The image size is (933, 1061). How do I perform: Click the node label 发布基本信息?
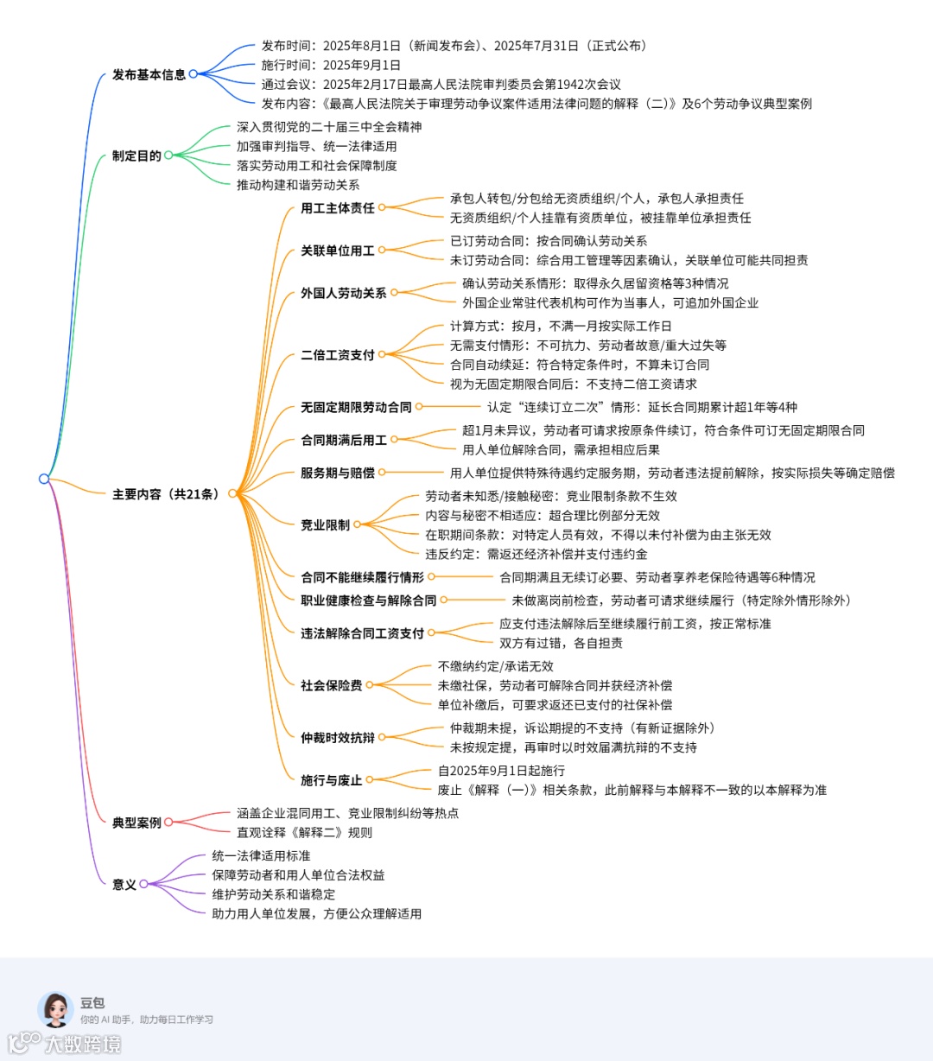(x=149, y=75)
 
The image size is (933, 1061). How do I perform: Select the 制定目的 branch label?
(x=136, y=156)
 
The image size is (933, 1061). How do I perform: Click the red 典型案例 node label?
(x=136, y=823)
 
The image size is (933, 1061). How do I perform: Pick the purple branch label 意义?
(x=124, y=885)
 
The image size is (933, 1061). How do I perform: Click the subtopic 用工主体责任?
(x=338, y=208)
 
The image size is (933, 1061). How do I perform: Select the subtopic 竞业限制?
(x=325, y=525)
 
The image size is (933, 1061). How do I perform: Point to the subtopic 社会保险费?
(x=332, y=686)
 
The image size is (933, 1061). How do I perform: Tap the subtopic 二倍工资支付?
(x=338, y=355)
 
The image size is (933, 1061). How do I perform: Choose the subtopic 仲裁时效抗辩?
(x=338, y=738)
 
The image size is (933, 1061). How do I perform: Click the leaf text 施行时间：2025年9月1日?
(x=331, y=65)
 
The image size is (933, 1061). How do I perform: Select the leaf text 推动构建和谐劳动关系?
(x=298, y=185)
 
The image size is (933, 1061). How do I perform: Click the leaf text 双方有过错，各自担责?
(x=561, y=643)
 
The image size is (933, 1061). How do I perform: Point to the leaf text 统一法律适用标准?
(x=261, y=855)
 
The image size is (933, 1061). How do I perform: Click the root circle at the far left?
(x=44, y=479)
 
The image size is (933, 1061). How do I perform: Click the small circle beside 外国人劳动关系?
(x=394, y=293)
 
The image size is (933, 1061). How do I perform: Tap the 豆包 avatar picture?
(x=55, y=1009)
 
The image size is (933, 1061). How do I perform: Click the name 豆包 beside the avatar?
(x=92, y=1003)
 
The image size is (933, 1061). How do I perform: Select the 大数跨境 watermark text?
(x=83, y=1045)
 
